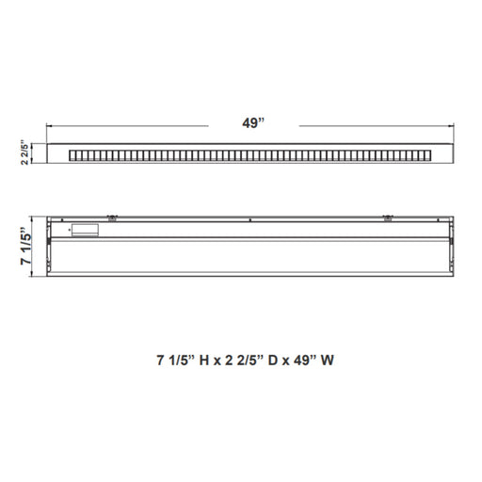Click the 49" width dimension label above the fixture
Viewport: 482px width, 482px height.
(253, 123)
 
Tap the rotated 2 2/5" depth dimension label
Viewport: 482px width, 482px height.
(24, 153)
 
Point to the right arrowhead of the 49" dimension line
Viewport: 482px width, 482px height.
(452, 126)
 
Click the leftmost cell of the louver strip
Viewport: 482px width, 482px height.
(72, 155)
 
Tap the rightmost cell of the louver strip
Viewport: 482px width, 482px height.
(428, 155)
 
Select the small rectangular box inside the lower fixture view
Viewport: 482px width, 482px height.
(85, 230)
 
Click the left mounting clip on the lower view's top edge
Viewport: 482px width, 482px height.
(112, 217)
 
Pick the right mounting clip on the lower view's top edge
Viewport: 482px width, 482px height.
(388, 217)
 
